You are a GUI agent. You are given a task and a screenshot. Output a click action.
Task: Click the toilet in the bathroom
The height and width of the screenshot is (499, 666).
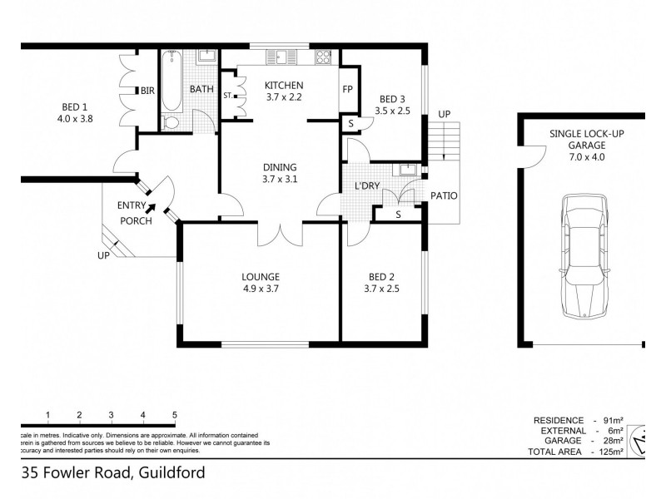point(171,122)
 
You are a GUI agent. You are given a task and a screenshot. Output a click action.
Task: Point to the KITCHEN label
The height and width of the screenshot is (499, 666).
point(284,86)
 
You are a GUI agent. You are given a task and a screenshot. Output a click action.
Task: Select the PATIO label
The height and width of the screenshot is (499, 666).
point(443,196)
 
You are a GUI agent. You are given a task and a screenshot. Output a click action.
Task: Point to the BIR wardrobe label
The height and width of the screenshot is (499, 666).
point(148,90)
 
